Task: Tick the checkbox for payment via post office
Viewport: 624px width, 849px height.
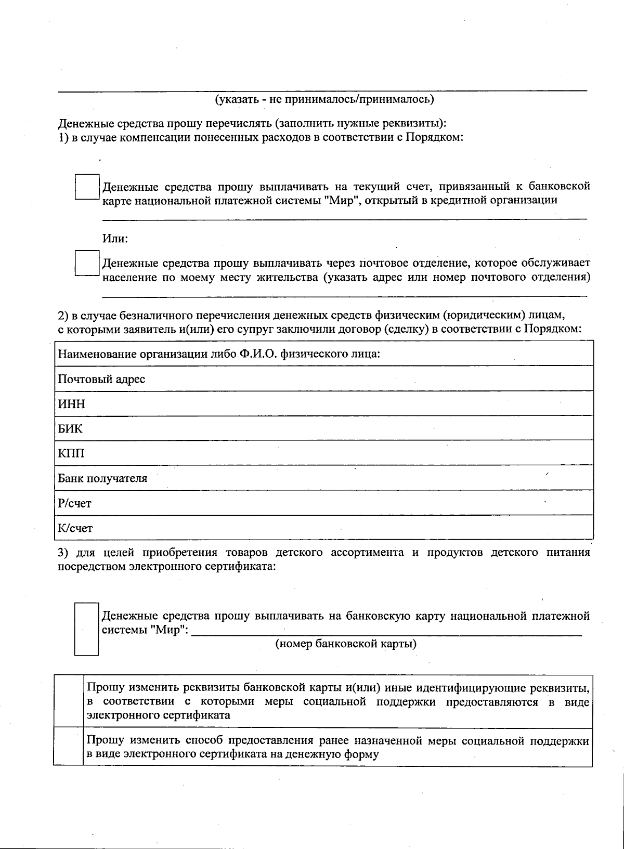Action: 87,264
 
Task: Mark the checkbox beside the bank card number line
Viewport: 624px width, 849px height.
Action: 86,629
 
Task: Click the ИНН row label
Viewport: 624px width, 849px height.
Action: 71,404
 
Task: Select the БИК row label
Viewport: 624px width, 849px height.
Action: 70,429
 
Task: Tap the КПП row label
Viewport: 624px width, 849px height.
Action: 71,453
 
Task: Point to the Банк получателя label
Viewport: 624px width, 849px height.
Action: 102,478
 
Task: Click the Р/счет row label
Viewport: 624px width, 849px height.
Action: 74,503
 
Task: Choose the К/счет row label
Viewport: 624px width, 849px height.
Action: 75,528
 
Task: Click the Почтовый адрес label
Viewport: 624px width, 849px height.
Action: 101,379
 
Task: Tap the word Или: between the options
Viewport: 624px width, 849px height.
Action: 115,239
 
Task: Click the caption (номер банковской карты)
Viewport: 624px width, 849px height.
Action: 346,644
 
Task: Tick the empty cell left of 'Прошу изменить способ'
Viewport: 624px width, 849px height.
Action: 69,747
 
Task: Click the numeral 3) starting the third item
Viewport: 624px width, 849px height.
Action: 63,552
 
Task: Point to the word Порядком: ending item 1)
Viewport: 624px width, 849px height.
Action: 434,138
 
